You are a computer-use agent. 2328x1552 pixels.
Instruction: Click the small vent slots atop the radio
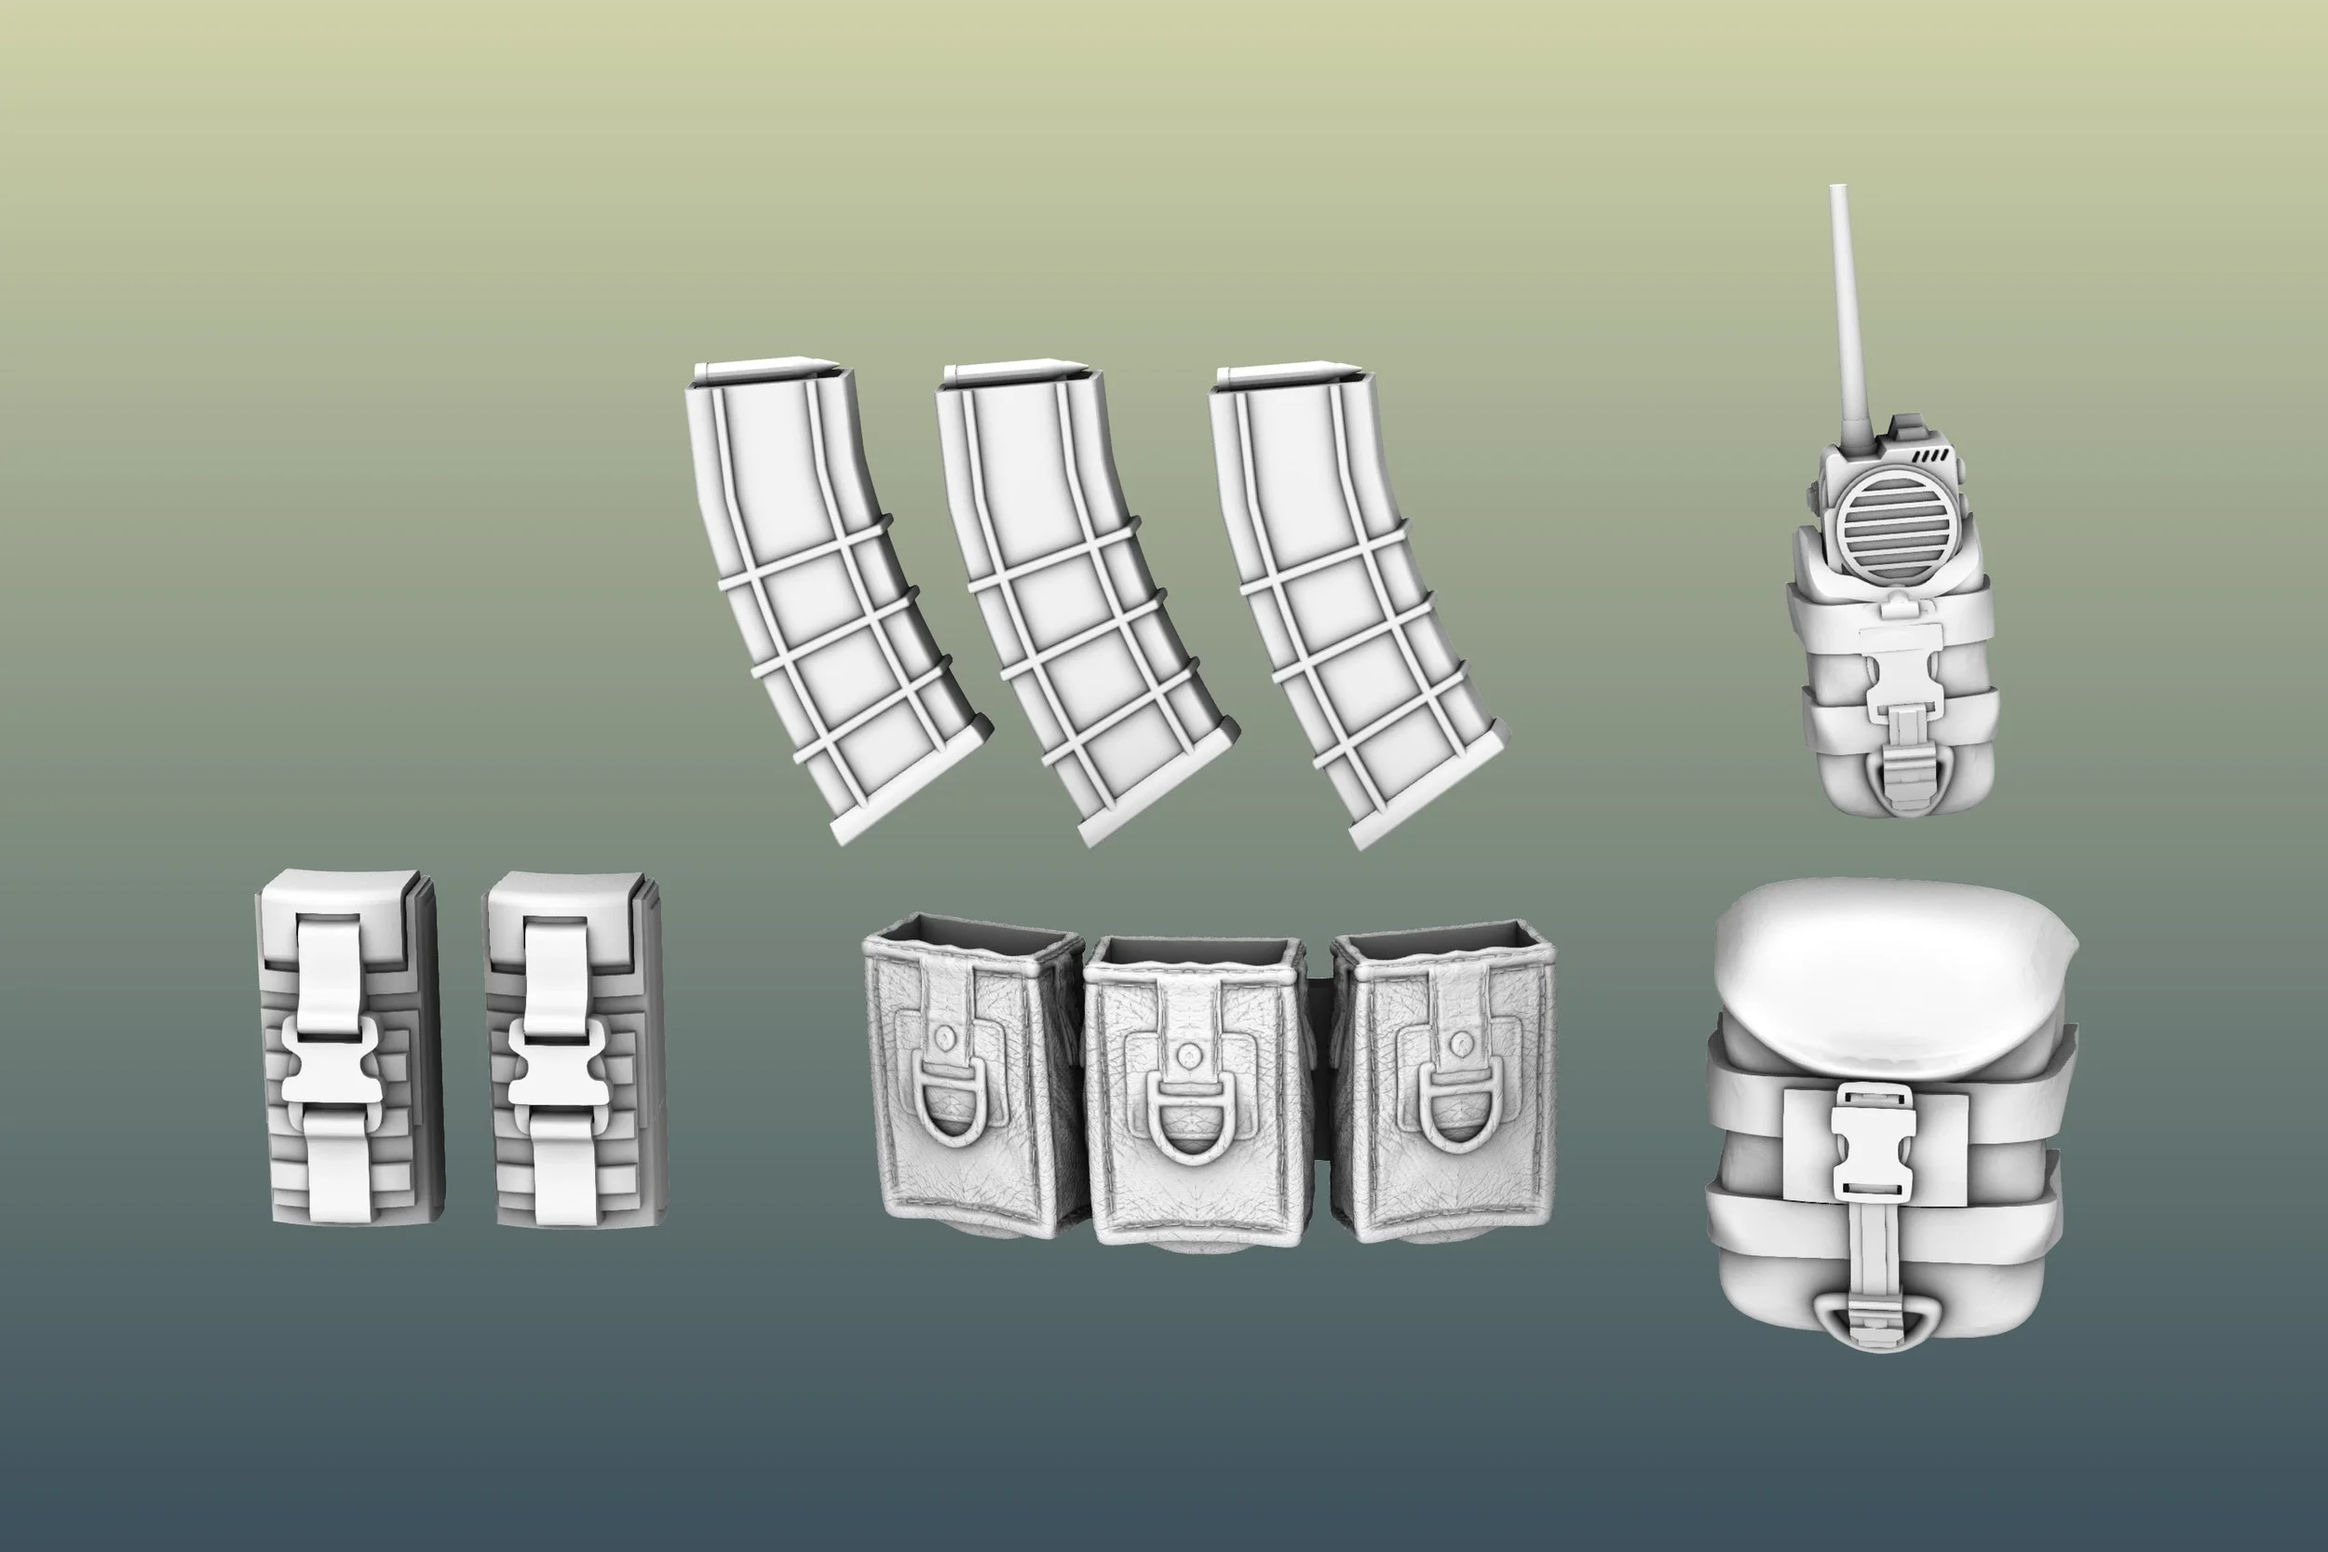[x=1930, y=456]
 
